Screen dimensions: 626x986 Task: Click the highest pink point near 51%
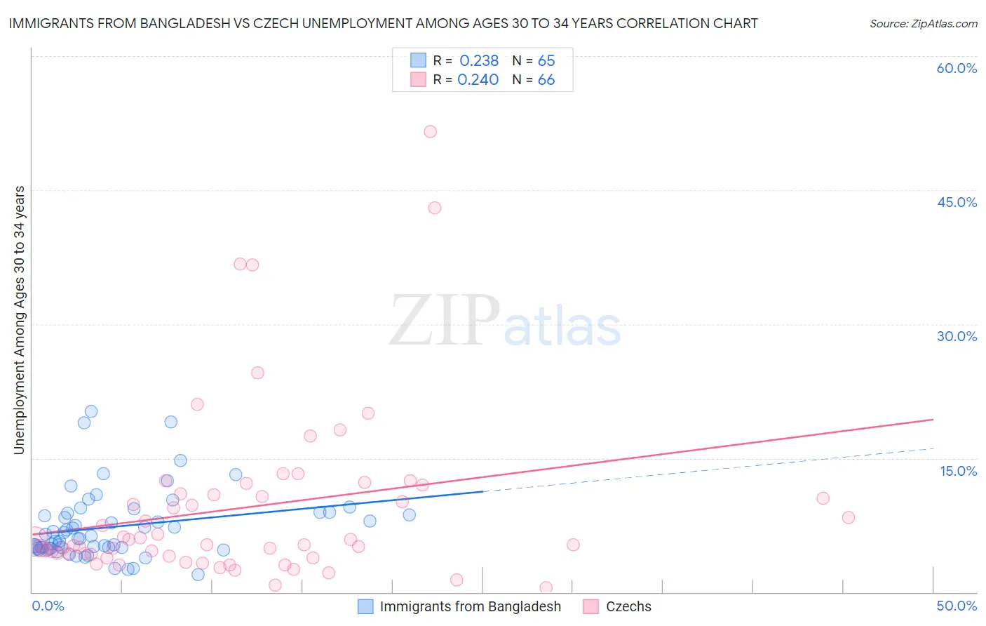point(431,131)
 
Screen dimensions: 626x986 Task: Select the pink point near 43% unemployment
point(435,208)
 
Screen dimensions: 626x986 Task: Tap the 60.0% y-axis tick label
point(957,68)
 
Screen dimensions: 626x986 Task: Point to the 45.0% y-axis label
point(957,202)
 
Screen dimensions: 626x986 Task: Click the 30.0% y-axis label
point(957,336)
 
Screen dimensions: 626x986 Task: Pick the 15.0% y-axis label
point(958,471)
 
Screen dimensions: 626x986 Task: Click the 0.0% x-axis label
point(48,606)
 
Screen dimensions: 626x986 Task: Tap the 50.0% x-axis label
point(957,606)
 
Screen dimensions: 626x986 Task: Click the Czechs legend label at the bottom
point(628,606)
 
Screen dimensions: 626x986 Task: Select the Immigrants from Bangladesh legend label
point(470,606)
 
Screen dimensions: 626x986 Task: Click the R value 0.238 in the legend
point(479,61)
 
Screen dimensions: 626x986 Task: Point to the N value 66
point(546,80)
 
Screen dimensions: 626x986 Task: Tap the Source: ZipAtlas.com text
point(923,23)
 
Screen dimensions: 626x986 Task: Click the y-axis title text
point(20,320)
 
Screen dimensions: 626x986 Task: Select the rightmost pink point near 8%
point(849,517)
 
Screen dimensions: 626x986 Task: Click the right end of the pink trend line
point(933,420)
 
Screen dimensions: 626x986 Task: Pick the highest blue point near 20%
point(91,411)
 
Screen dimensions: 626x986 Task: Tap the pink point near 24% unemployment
point(257,373)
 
